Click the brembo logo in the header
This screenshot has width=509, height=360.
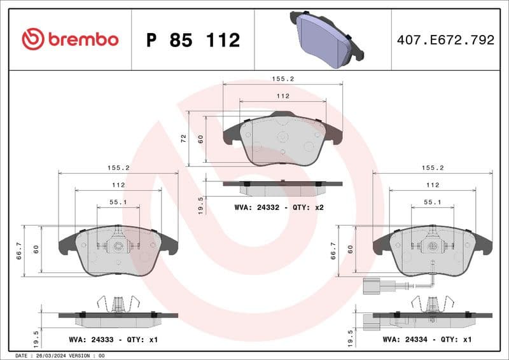[x=70, y=39]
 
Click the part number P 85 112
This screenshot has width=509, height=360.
[x=193, y=40]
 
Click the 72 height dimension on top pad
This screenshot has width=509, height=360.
[x=184, y=139]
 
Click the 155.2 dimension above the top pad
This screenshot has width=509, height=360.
[x=282, y=79]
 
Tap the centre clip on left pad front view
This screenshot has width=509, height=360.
[x=118, y=245]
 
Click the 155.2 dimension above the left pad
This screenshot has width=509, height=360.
[x=118, y=168]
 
